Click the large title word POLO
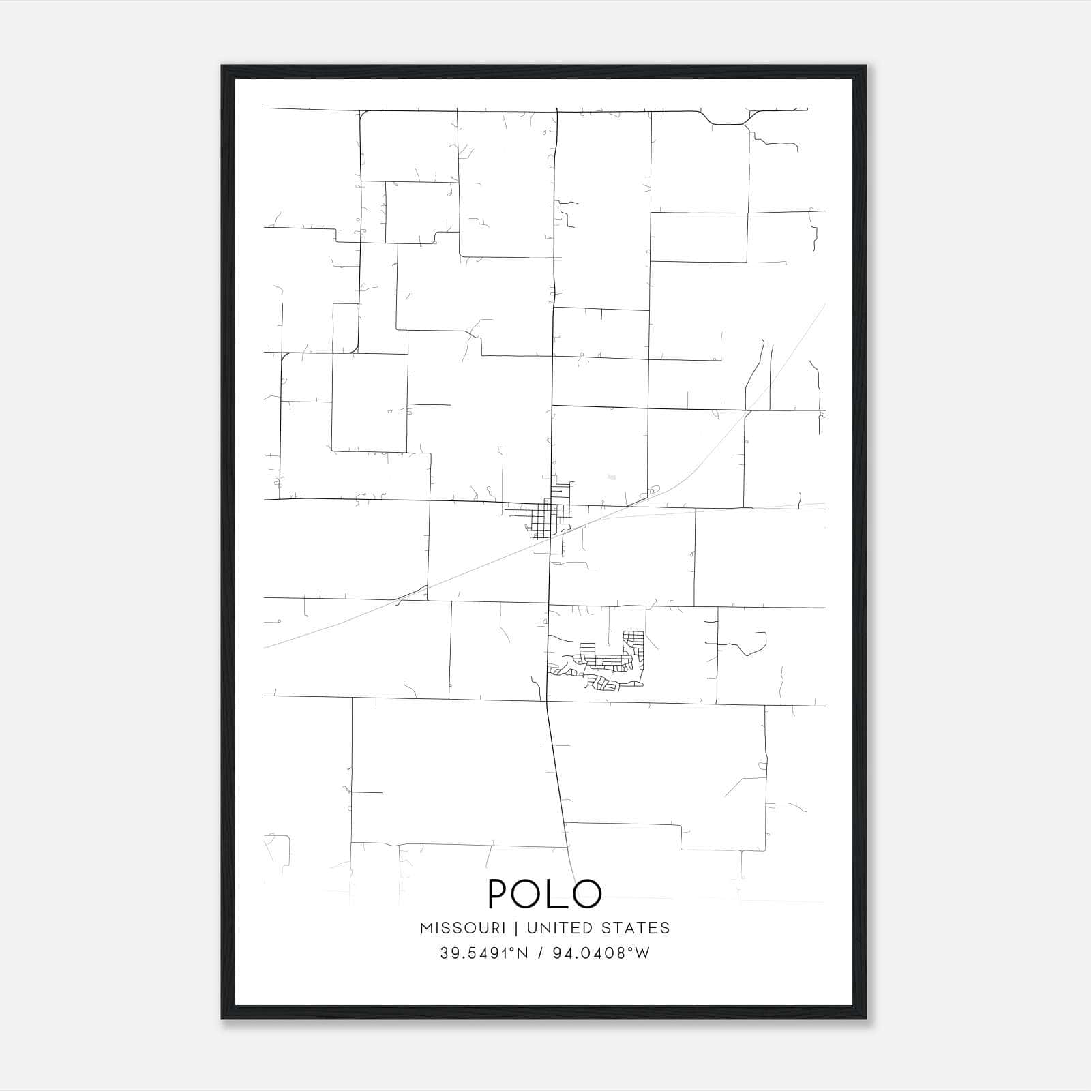545,893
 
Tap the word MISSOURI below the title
463,928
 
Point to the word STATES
637,928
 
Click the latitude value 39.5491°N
484,953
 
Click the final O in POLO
587,893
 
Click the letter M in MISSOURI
426,928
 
